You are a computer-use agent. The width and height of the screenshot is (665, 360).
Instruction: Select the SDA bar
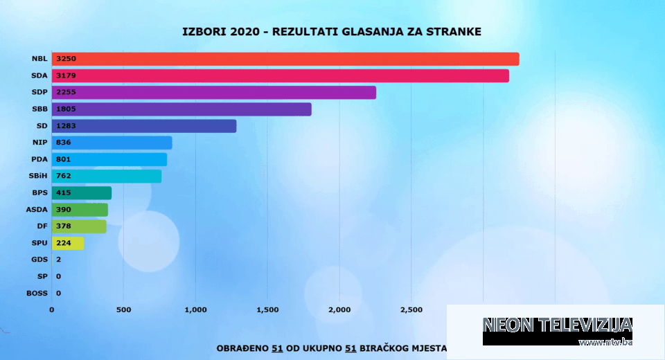(x=281, y=76)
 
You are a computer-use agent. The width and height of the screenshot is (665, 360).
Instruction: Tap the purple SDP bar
(x=214, y=93)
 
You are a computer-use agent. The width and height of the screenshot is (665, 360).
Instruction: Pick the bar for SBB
(x=181, y=109)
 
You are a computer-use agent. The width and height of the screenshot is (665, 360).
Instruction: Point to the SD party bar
(x=144, y=126)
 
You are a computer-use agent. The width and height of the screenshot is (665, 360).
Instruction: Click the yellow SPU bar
(x=68, y=243)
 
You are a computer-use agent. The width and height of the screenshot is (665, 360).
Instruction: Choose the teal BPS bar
(x=82, y=193)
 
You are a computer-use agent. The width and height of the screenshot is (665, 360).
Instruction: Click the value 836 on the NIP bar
(x=64, y=143)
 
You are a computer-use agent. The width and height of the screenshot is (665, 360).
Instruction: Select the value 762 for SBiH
(x=64, y=177)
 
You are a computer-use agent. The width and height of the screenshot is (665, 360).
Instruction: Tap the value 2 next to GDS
(x=57, y=260)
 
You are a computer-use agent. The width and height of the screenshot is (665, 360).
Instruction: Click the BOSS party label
(x=37, y=293)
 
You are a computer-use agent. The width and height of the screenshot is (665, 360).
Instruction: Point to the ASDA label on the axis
(x=36, y=210)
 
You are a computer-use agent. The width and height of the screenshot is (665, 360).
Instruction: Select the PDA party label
(x=39, y=160)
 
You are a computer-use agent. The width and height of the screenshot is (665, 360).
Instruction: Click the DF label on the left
(x=42, y=226)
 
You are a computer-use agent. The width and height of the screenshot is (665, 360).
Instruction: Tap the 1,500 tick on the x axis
(x=267, y=309)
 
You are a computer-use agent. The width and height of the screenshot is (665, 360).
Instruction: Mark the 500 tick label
(x=123, y=309)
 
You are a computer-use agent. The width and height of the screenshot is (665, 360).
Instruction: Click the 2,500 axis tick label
(x=411, y=309)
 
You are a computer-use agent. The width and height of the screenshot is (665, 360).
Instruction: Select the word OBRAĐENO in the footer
(x=242, y=348)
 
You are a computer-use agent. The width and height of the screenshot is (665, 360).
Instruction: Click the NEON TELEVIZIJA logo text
(x=557, y=325)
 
